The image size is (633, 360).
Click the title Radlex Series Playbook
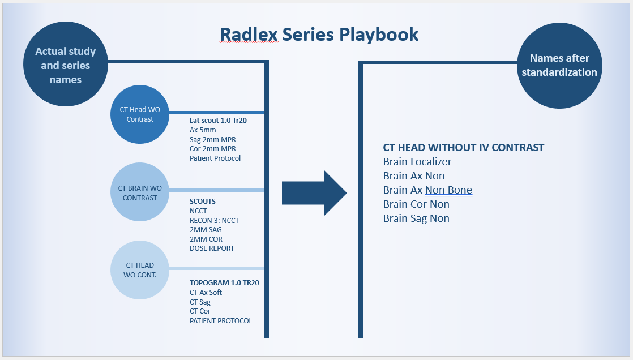coord(319,35)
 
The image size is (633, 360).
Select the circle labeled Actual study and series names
coord(65,65)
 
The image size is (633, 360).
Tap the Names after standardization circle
coord(559,66)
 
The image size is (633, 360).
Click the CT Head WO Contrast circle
coord(140,114)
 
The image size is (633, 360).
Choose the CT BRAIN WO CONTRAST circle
coord(140,192)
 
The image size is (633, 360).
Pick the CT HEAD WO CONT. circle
coord(140,269)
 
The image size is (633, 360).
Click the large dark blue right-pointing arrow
coord(314,193)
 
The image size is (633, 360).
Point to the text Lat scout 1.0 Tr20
coord(218,120)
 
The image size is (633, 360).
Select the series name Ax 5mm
coord(203,130)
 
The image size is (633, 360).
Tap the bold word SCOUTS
coord(203,202)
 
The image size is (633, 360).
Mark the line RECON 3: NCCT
coord(214,220)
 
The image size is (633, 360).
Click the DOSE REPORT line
coord(212,248)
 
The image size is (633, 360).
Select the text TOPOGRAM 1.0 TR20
coord(224,283)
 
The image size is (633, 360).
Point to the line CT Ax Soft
coord(206,293)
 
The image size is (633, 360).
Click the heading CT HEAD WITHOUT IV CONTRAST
coord(463,148)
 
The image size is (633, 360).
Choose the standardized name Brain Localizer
coord(417,162)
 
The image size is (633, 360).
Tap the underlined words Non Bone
coord(448,190)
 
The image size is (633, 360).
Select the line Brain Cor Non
coord(416,204)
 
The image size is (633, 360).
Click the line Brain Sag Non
coord(416,218)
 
